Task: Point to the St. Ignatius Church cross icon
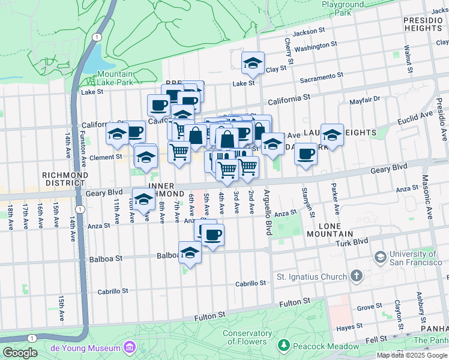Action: coord(357,277)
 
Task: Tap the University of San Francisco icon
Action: coord(380,257)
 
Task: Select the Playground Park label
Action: coord(343,8)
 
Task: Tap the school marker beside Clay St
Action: coord(253,63)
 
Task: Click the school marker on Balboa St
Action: coord(190,253)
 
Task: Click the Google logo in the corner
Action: coord(20,353)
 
